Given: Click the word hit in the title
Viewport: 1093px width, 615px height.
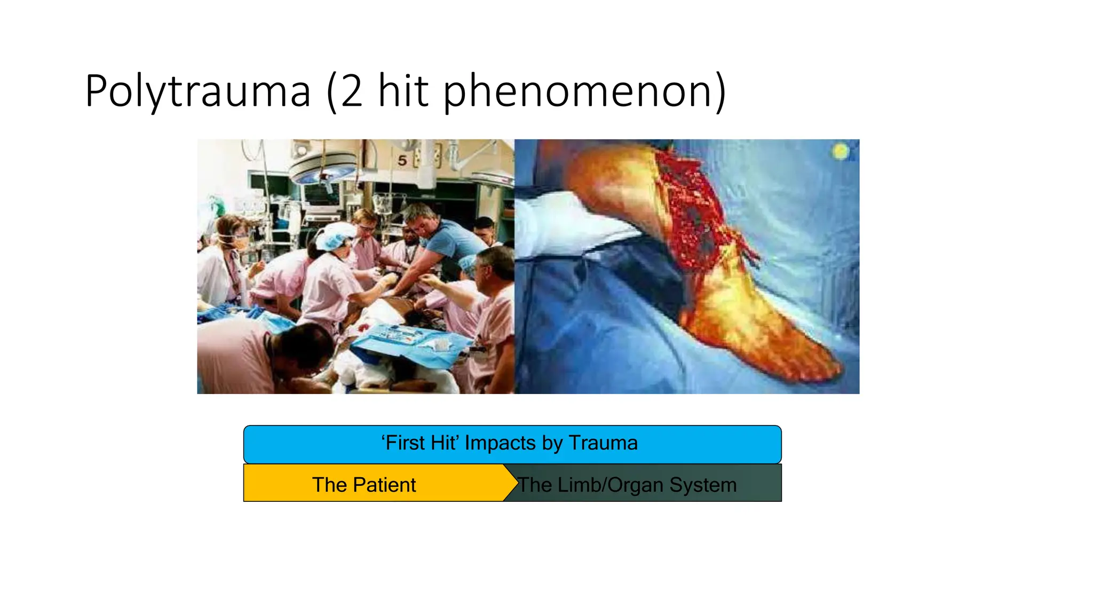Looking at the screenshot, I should [x=403, y=91].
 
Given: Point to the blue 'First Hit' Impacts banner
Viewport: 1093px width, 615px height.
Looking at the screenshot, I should [x=512, y=444].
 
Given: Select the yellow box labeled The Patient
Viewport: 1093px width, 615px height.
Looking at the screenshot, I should [x=374, y=483].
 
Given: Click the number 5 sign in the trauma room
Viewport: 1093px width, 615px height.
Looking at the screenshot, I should [x=402, y=160].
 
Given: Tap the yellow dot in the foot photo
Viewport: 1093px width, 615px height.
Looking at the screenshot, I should [x=841, y=152].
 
